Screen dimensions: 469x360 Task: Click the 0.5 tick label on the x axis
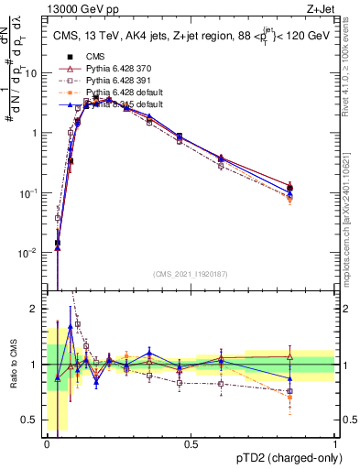click(191, 444)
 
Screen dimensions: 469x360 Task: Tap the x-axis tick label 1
click(334, 444)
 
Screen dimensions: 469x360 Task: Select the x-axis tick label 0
click(47, 444)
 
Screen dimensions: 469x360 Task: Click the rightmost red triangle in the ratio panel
click(290, 356)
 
